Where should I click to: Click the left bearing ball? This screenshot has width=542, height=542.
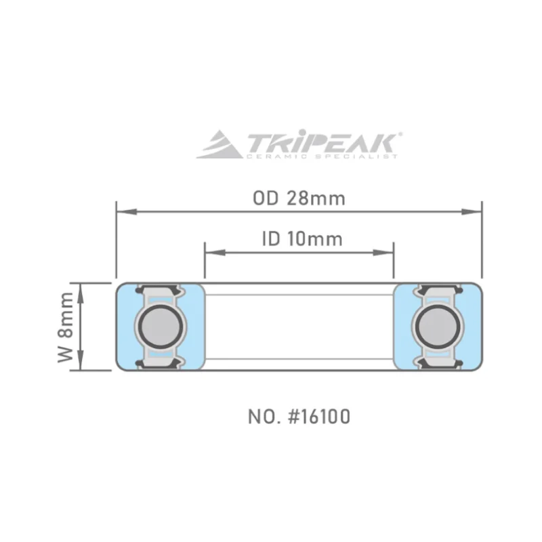[161, 327]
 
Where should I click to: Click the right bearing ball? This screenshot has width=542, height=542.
[438, 327]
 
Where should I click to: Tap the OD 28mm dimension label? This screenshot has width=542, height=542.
[299, 199]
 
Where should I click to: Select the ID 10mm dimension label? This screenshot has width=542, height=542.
[302, 239]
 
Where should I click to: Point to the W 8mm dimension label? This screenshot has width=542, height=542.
[65, 327]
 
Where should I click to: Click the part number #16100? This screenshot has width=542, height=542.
[319, 417]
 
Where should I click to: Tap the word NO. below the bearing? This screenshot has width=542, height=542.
[264, 417]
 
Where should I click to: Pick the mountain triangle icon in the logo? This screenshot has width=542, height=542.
[220, 144]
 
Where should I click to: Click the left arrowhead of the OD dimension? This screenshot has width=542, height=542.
[127, 211]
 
